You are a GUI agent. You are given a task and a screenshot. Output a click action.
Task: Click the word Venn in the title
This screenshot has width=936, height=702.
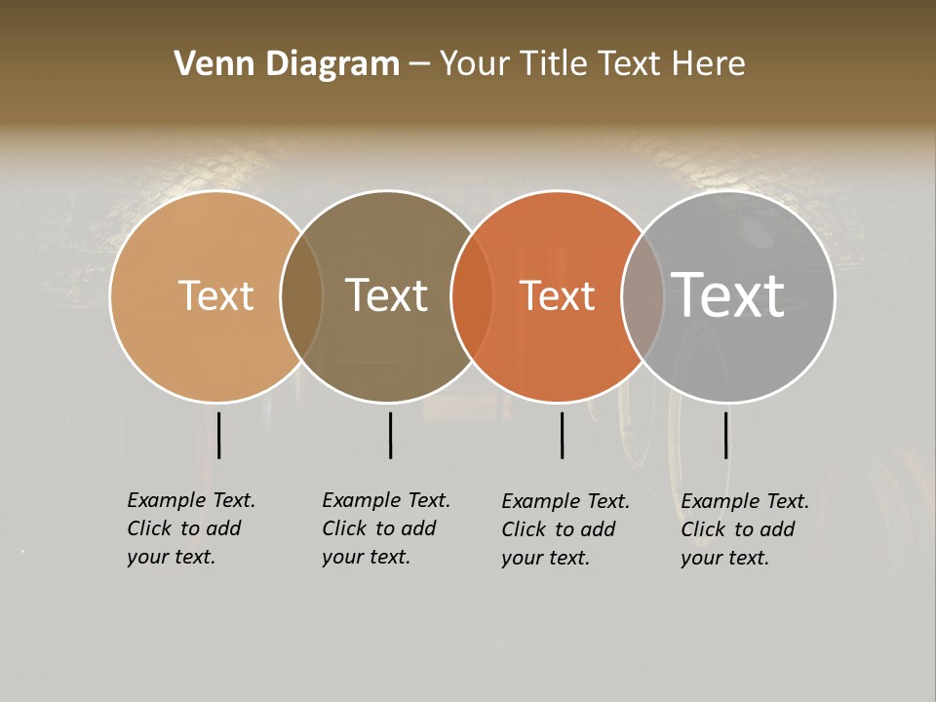click(x=207, y=64)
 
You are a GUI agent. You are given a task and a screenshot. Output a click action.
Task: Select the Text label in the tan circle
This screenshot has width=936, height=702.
click(x=215, y=295)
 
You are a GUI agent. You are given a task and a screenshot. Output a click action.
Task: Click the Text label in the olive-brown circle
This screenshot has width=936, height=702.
click(x=387, y=295)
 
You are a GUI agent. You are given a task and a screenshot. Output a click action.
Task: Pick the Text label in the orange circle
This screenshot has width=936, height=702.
click(x=557, y=295)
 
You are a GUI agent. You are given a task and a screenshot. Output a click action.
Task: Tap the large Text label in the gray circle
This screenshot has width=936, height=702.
click(x=728, y=294)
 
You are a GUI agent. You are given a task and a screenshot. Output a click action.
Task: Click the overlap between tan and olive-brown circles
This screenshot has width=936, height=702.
click(x=301, y=295)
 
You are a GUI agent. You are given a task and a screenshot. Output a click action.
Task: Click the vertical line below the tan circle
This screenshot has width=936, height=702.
click(x=219, y=435)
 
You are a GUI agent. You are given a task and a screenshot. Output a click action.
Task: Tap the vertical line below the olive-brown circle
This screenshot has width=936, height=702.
click(x=390, y=435)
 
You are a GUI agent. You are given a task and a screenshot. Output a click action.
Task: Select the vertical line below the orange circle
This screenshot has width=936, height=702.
click(x=563, y=435)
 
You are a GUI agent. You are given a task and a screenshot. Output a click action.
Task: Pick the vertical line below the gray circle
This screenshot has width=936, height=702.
click(x=726, y=435)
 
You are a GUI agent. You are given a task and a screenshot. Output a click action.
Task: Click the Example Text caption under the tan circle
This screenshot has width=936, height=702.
click(x=191, y=528)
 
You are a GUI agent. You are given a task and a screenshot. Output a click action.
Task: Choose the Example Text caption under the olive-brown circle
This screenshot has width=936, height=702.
click(x=386, y=528)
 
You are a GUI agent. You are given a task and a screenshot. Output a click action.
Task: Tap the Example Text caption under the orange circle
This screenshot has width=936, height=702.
click(x=565, y=529)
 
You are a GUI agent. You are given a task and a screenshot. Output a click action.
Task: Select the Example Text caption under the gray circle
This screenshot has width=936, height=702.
click(x=745, y=529)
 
